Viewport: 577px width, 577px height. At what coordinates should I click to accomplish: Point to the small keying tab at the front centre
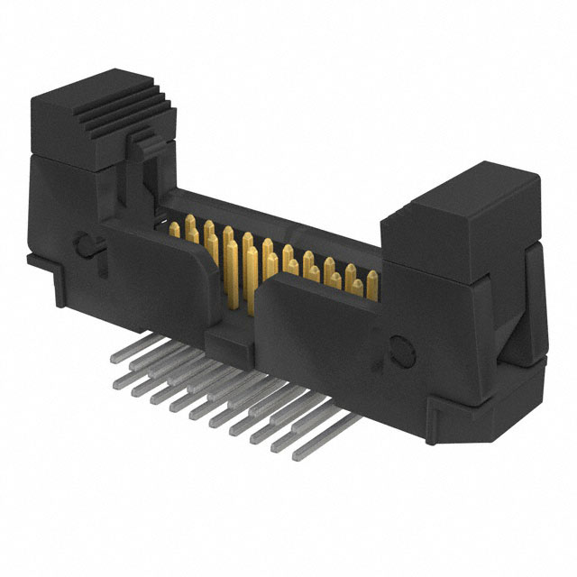226,341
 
